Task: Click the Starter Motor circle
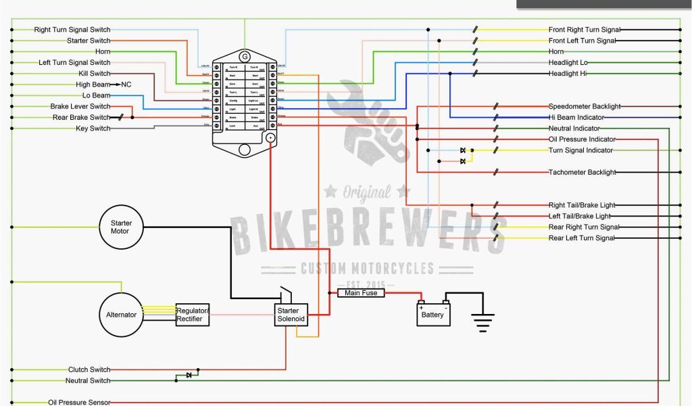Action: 121,227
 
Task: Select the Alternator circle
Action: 121,315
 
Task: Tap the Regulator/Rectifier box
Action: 193,315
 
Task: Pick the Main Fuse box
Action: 361,293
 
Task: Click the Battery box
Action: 432,315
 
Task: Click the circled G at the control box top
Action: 245,55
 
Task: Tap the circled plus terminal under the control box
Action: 270,137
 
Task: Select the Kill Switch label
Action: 94,74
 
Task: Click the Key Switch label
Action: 93,129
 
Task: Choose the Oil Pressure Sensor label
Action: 79,402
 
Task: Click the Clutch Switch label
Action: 89,369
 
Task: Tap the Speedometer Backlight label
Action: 584,106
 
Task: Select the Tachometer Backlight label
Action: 582,173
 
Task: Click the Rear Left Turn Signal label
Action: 581,238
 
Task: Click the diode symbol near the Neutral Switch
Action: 189,375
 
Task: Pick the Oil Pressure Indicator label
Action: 581,139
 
